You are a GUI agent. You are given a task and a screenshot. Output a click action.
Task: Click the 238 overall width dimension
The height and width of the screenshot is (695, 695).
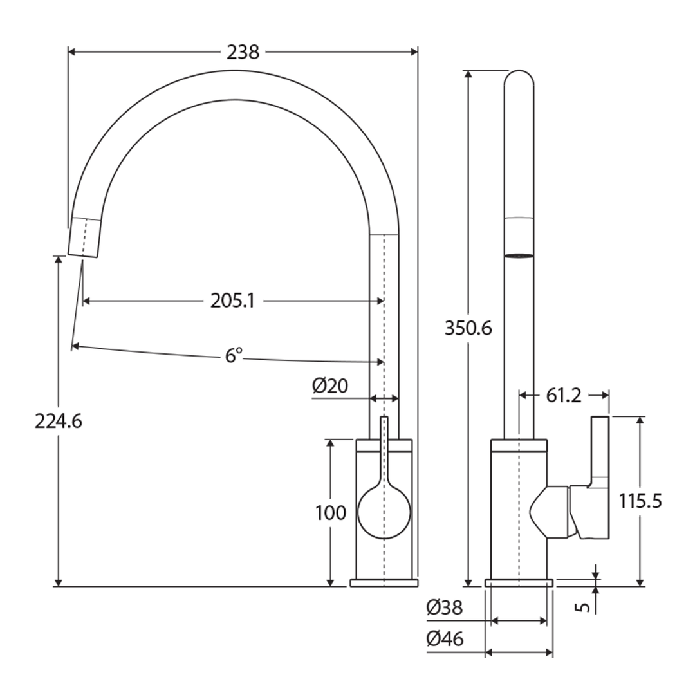pos(243,52)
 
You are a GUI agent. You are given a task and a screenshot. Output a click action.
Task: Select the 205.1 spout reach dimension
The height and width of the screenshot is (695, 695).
pos(232,301)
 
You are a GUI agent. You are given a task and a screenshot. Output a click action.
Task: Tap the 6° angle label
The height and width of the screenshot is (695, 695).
pos(234,355)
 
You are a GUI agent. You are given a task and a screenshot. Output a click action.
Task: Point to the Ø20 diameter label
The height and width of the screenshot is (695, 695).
pos(330,386)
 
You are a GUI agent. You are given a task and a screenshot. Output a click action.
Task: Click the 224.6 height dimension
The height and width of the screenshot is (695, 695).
pos(59,422)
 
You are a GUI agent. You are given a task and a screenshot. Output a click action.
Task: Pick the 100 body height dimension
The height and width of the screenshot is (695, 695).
pos(331,513)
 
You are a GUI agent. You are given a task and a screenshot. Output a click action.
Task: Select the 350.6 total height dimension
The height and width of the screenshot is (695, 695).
pos(468,328)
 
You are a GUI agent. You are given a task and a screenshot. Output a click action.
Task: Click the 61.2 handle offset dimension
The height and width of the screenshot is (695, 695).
pos(564,395)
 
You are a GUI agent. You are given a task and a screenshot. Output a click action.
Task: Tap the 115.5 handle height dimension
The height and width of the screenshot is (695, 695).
pos(640,501)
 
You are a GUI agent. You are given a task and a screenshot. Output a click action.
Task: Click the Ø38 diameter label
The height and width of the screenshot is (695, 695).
pos(445,607)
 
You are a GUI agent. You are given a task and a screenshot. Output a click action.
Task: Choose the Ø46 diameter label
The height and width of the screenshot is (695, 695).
pos(445,638)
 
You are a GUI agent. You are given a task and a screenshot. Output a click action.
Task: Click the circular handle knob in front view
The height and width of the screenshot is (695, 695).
pos(384,512)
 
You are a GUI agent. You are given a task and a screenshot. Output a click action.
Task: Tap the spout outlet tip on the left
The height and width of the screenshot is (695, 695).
pos(84,238)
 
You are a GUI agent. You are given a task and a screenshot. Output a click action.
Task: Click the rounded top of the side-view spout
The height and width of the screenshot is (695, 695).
pos(519,80)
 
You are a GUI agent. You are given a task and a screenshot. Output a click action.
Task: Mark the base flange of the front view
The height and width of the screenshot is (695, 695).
pos(384,583)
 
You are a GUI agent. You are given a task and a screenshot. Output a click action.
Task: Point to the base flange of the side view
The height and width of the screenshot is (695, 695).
pos(519,583)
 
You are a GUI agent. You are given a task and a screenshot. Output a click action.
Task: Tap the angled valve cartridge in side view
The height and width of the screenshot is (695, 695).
pos(550,512)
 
